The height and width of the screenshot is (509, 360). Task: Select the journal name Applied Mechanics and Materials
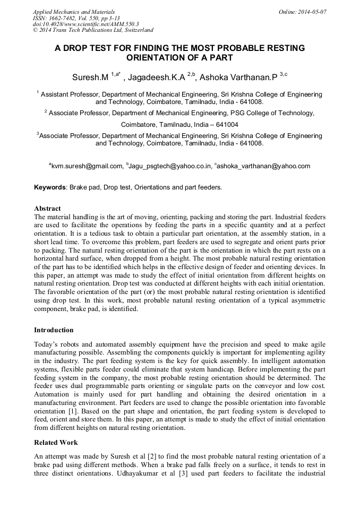(x=74, y=11)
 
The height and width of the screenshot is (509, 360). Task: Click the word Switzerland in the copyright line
(x=135, y=30)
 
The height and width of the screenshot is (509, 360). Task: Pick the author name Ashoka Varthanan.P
(x=238, y=77)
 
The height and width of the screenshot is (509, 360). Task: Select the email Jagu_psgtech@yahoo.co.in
(x=170, y=166)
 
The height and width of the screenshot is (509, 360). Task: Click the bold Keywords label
(x=50, y=187)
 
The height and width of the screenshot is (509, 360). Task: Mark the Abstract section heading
(x=47, y=209)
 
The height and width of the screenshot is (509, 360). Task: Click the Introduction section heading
(x=54, y=330)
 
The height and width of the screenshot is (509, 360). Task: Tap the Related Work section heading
(x=56, y=442)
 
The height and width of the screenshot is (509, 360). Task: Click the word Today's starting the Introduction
(x=47, y=344)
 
